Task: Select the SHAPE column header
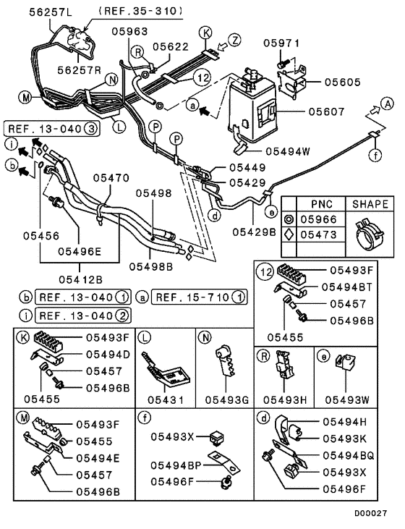click(x=370, y=204)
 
